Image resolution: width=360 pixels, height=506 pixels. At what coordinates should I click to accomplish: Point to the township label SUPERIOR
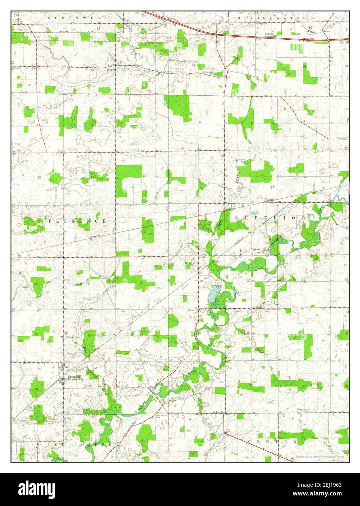point(270,217)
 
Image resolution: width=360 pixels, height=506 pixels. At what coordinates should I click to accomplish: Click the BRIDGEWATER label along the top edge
point(272,17)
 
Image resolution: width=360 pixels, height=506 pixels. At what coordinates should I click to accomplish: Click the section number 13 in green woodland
point(145,231)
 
